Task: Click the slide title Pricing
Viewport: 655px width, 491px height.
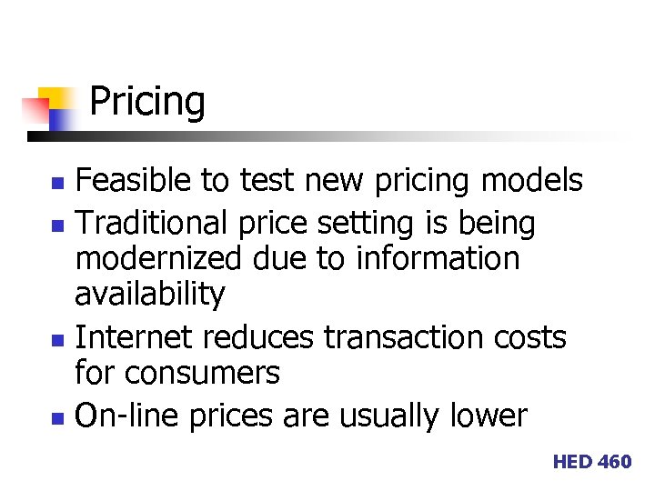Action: click(x=147, y=102)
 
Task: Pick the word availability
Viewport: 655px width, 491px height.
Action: click(x=149, y=294)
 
